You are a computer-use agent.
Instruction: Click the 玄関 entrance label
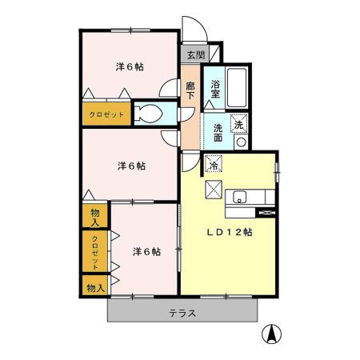(x=195, y=55)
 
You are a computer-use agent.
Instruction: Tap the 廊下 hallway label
(x=191, y=90)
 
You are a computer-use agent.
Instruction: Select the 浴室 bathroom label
(x=215, y=89)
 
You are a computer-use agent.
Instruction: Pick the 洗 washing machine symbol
(x=238, y=123)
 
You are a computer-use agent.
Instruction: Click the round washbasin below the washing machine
(x=240, y=142)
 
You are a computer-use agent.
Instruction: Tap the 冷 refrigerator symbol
(x=214, y=165)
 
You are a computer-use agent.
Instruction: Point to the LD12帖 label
(x=230, y=232)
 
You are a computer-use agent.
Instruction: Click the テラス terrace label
(x=182, y=313)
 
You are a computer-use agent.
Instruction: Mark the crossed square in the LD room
(x=214, y=190)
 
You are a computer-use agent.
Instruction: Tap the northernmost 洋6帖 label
(x=130, y=66)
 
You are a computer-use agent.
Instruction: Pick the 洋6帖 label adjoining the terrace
(x=146, y=251)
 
